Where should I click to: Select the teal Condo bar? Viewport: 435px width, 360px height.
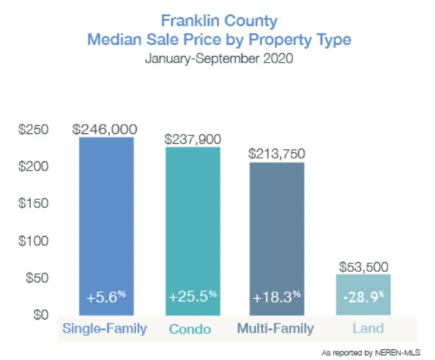click(192, 230)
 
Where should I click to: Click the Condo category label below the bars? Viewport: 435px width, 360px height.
click(192, 330)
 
